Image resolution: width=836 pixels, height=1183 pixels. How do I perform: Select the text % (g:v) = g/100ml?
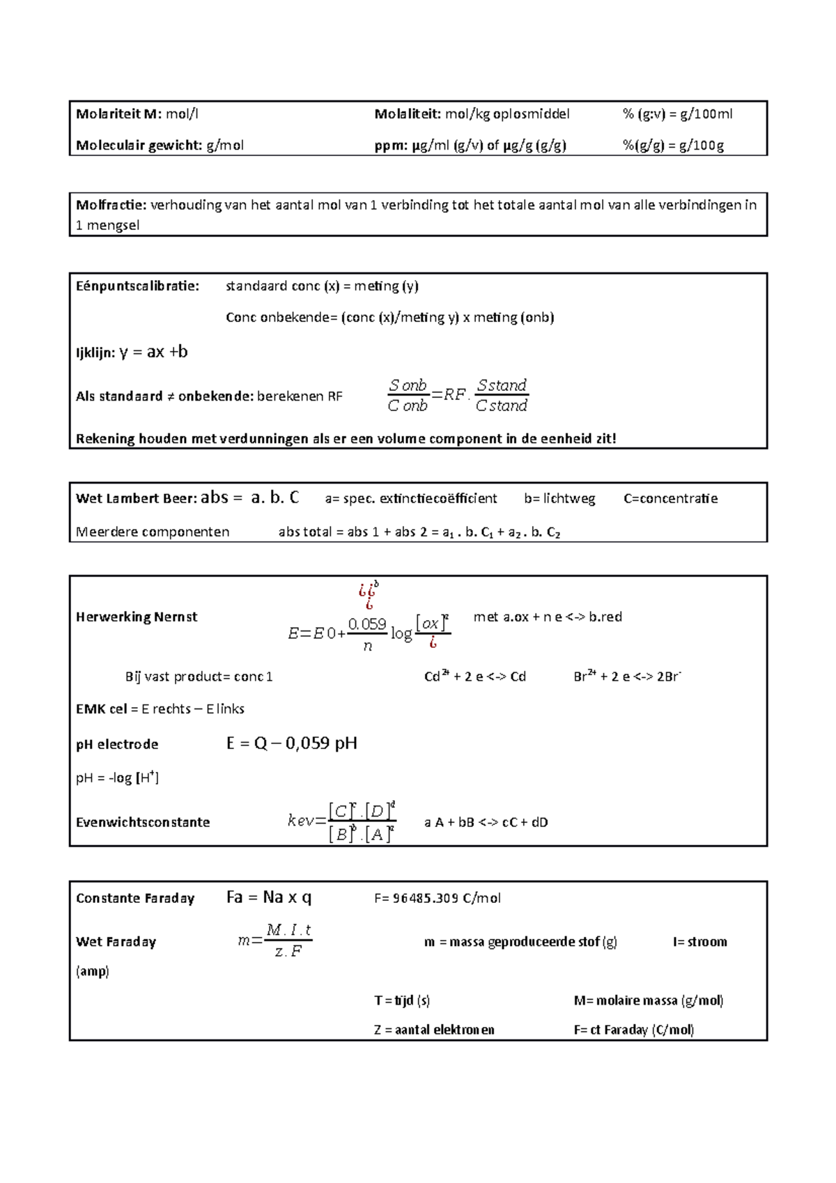click(677, 114)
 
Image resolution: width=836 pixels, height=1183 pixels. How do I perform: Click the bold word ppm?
click(391, 146)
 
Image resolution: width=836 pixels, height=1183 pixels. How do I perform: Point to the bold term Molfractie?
click(111, 205)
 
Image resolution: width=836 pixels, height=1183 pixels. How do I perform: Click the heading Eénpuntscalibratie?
click(137, 286)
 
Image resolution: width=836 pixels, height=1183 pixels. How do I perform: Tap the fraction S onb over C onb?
click(408, 396)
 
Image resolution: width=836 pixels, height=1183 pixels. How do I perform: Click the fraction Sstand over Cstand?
click(502, 396)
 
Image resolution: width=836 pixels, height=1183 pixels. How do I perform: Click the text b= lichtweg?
click(559, 499)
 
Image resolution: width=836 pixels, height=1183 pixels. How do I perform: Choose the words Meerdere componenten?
click(153, 532)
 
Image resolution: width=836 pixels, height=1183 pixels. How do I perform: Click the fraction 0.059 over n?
click(367, 634)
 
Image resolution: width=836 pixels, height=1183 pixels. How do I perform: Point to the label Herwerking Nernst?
click(137, 617)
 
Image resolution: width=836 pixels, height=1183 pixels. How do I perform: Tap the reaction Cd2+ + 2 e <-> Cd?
click(475, 676)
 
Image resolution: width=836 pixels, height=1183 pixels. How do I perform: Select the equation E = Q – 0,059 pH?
click(292, 743)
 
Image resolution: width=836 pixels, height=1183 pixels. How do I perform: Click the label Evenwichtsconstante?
click(143, 823)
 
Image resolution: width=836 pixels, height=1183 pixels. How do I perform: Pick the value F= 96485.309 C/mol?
click(438, 899)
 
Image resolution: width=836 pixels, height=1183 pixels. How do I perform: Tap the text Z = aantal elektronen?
click(434, 1030)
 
